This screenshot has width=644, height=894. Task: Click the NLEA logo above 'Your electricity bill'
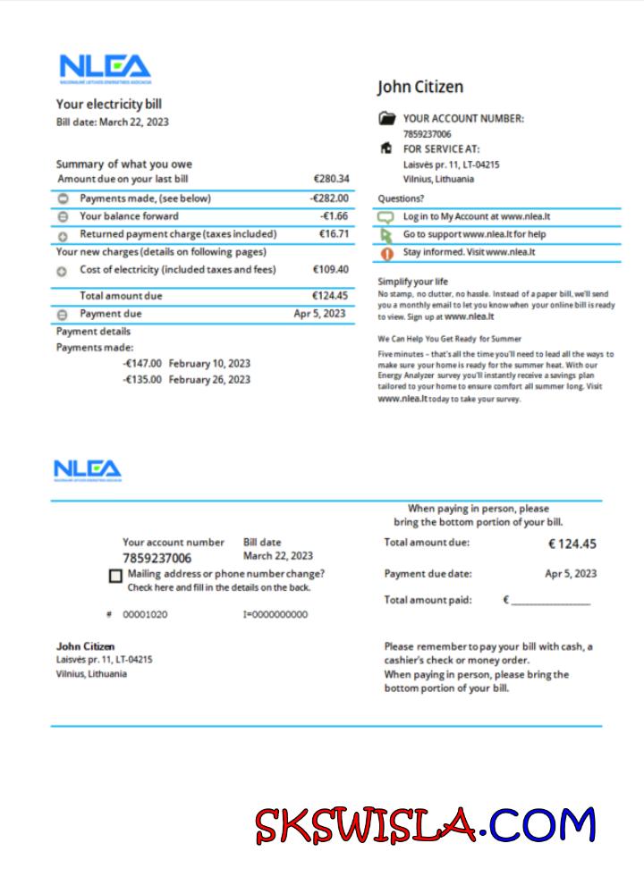[x=105, y=69]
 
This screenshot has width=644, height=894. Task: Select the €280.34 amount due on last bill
[x=331, y=179]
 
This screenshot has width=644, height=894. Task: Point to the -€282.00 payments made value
[x=329, y=198]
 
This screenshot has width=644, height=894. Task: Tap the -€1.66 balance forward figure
[x=334, y=216]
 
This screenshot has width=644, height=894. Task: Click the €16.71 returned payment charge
[x=334, y=234]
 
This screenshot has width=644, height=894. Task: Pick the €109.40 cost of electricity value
[x=331, y=269]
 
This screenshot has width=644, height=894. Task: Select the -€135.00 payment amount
[x=142, y=380]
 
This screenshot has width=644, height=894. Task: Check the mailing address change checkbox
[x=115, y=577]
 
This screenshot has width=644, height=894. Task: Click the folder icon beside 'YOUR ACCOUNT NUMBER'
[x=386, y=118]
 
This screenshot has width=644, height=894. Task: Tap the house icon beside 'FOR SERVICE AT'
[x=386, y=148]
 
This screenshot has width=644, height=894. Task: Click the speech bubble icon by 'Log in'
[x=386, y=217]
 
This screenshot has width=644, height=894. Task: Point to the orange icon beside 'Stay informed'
[x=386, y=253]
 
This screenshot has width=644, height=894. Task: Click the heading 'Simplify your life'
[x=412, y=282]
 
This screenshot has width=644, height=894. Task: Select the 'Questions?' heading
[x=401, y=198]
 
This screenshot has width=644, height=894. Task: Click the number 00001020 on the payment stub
[x=145, y=615]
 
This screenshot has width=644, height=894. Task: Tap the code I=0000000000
[x=275, y=615]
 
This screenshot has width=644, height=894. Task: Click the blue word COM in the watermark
[x=542, y=824]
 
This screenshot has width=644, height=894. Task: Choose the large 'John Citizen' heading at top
[x=420, y=87]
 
